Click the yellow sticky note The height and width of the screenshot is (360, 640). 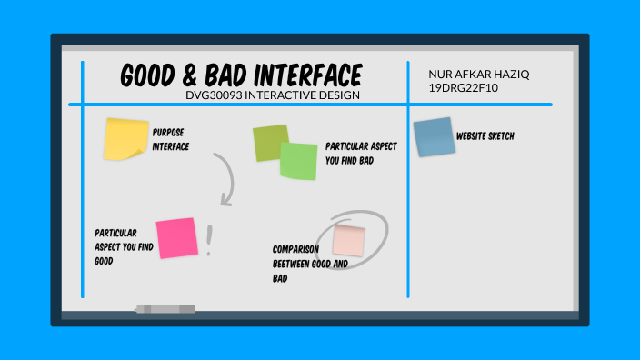coord(125,137)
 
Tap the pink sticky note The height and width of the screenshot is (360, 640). coord(176,238)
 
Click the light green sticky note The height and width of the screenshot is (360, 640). coord(298,161)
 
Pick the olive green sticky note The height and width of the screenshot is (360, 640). coord(269,142)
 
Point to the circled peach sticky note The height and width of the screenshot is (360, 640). coord(348,240)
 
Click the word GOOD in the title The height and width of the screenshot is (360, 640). coord(150,75)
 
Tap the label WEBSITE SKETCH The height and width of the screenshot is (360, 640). coord(485,136)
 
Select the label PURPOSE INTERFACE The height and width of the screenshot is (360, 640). coord(171,139)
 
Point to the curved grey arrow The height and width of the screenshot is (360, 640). coord(225,178)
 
